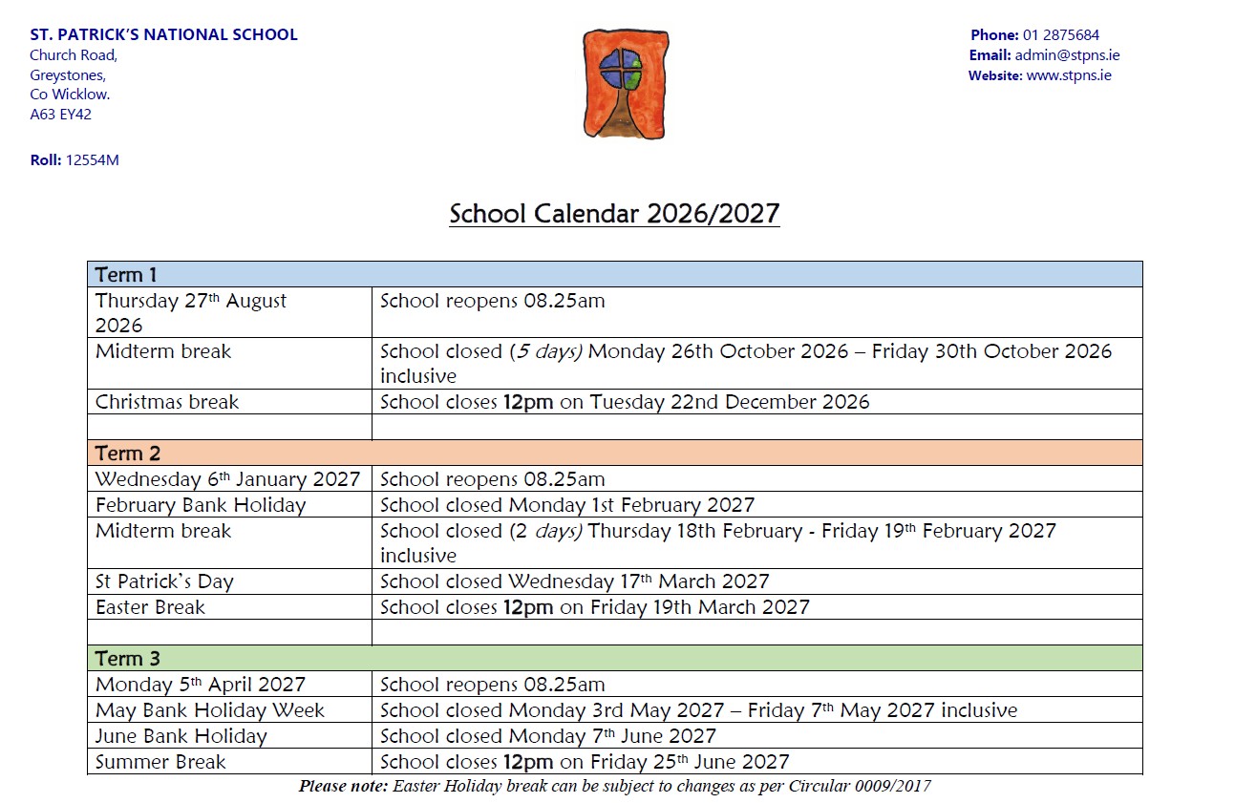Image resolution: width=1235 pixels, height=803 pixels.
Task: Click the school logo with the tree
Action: click(625, 84)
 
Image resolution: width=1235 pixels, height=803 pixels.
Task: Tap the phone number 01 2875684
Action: click(1061, 35)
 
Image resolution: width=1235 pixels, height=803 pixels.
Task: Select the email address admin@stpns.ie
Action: click(1067, 55)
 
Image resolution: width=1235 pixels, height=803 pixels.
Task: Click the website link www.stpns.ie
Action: click(1069, 75)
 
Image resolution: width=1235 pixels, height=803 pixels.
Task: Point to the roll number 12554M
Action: click(92, 160)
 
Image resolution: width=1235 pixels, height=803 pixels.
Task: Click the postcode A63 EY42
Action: click(61, 115)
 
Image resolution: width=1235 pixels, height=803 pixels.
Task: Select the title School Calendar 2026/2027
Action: click(614, 213)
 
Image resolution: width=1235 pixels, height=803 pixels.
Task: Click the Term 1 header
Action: click(126, 275)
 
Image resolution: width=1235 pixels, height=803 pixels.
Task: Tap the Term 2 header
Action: click(128, 453)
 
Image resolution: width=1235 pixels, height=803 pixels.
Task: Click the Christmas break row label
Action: click(166, 402)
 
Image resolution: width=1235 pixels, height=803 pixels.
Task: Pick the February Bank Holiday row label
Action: click(201, 505)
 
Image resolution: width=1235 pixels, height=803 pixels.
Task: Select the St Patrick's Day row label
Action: click(164, 581)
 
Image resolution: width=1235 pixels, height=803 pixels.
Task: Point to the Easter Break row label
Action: click(150, 607)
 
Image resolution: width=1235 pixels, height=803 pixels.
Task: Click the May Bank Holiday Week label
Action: click(210, 710)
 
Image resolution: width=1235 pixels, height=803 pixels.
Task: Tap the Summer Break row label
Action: click(160, 762)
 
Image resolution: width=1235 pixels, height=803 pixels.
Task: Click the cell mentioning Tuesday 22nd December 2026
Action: click(625, 402)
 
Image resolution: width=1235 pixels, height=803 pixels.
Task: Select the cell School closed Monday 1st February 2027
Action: click(567, 505)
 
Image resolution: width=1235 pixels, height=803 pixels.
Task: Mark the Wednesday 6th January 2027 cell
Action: click(227, 479)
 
